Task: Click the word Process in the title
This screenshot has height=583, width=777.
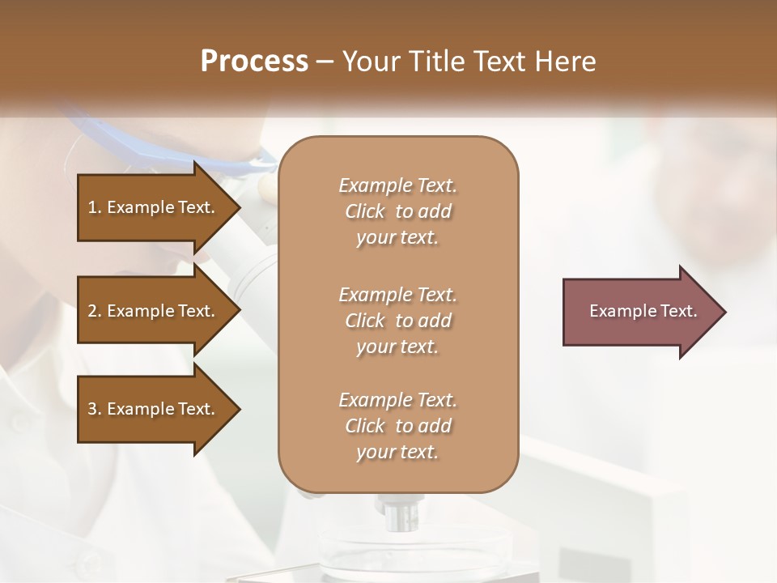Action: (254, 62)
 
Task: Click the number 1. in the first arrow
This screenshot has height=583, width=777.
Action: (94, 207)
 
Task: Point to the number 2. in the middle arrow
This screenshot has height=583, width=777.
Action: (94, 311)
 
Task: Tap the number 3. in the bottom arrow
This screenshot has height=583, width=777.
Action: (94, 409)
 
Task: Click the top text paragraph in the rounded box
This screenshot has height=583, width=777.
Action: (397, 211)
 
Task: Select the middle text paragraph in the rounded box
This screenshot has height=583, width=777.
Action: (397, 321)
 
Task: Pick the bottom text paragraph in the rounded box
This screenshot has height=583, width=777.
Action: (397, 426)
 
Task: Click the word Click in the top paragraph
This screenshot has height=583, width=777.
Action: (365, 211)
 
